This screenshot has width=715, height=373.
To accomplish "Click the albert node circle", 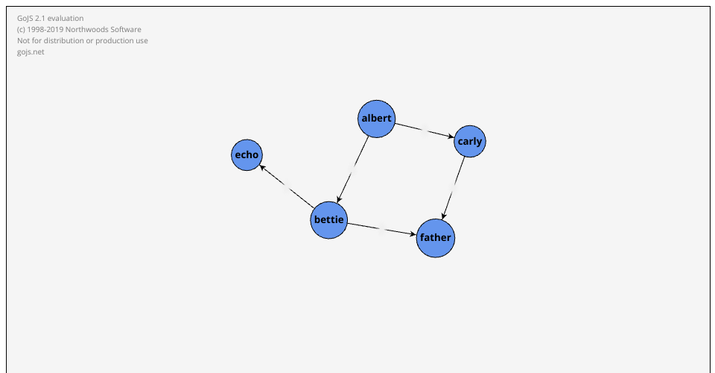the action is coord(376,119).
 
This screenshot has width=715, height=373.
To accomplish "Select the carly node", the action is coord(470,142).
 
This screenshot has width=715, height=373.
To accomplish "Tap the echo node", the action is coord(247,155).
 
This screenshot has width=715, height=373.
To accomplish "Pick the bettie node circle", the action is coord(328,220).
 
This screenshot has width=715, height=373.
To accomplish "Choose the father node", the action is coord(436,238).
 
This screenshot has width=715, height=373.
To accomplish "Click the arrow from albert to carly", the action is coord(425,131).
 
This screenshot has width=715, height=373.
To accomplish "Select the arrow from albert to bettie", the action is coord(352,169).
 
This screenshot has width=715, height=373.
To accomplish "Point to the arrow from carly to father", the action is coord(453,188).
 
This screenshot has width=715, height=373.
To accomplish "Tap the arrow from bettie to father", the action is coord(381,229).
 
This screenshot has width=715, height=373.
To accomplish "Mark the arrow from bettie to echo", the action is coord(287,186).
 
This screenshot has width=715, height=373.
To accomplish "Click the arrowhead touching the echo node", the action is coord(263,168).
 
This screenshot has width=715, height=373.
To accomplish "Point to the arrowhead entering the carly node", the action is coord(451,136).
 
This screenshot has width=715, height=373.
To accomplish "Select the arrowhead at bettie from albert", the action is coord(339,200).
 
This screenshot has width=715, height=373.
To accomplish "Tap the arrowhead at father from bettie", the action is coord(413,235).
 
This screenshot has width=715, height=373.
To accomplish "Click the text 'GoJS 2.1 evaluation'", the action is coord(50,18).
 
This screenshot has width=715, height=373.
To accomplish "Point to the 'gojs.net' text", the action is coord(31,52).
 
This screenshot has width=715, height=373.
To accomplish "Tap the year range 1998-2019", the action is coord(45,30).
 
